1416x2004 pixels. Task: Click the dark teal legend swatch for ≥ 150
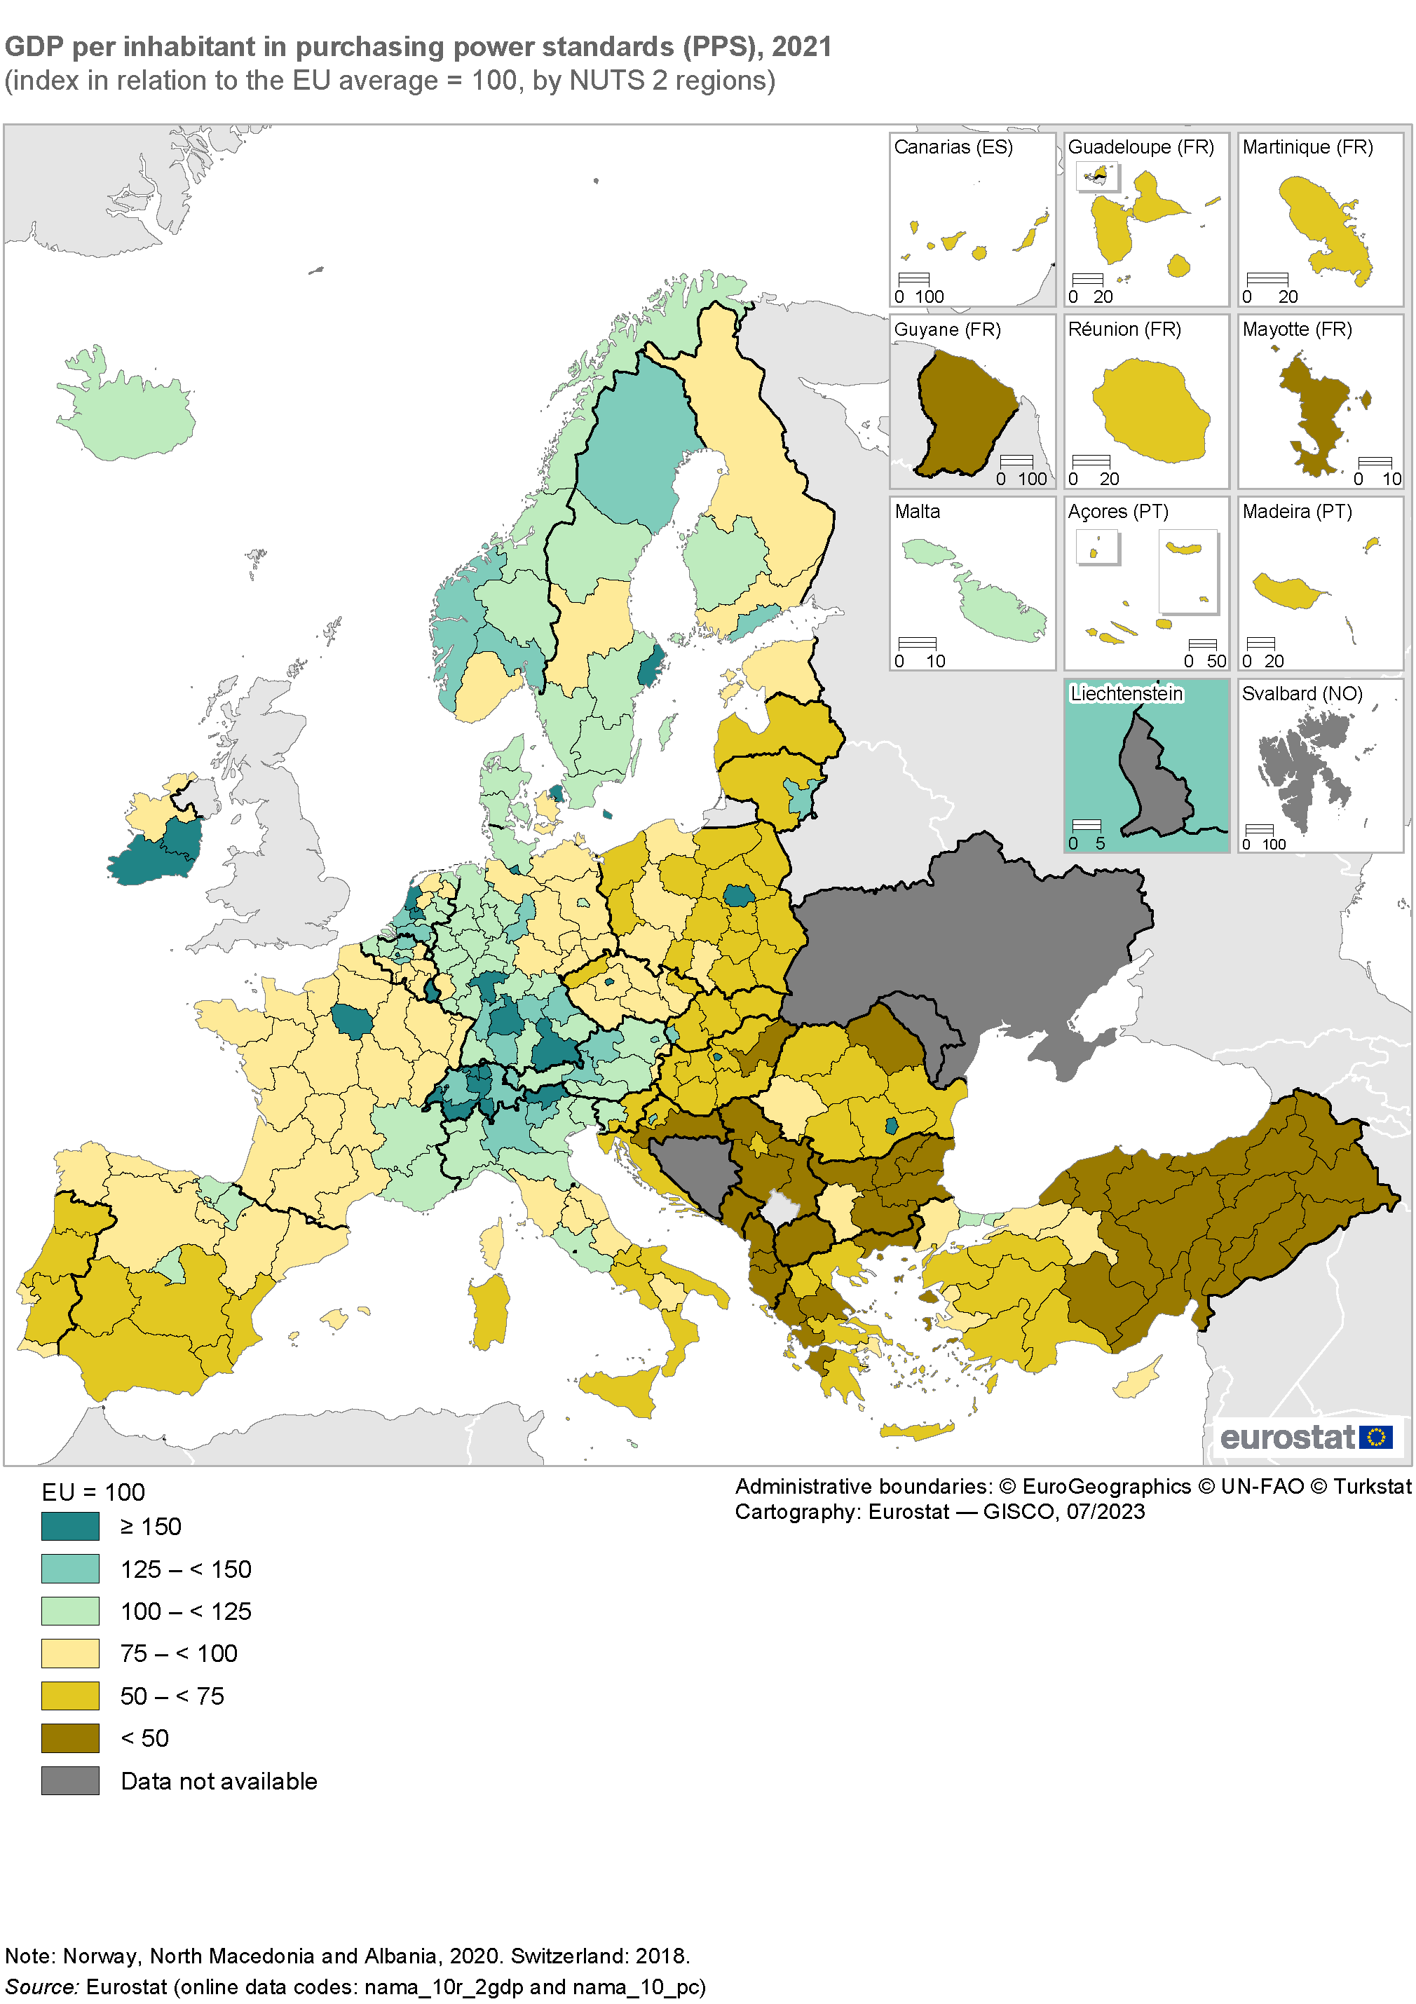[70, 1526]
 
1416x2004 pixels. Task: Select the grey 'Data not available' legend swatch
[70, 1780]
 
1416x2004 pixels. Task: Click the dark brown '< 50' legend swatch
[70, 1738]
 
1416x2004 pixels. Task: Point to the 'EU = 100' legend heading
[93, 1492]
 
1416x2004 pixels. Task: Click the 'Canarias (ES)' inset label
[953, 146]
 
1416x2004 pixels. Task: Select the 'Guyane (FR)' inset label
[946, 329]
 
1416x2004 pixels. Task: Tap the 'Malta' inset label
[917, 512]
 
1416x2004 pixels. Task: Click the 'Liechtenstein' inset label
[1126, 693]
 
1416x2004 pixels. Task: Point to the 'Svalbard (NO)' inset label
[1302, 693]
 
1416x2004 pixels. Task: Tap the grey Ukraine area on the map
[969, 943]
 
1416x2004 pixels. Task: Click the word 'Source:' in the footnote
[42, 1986]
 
